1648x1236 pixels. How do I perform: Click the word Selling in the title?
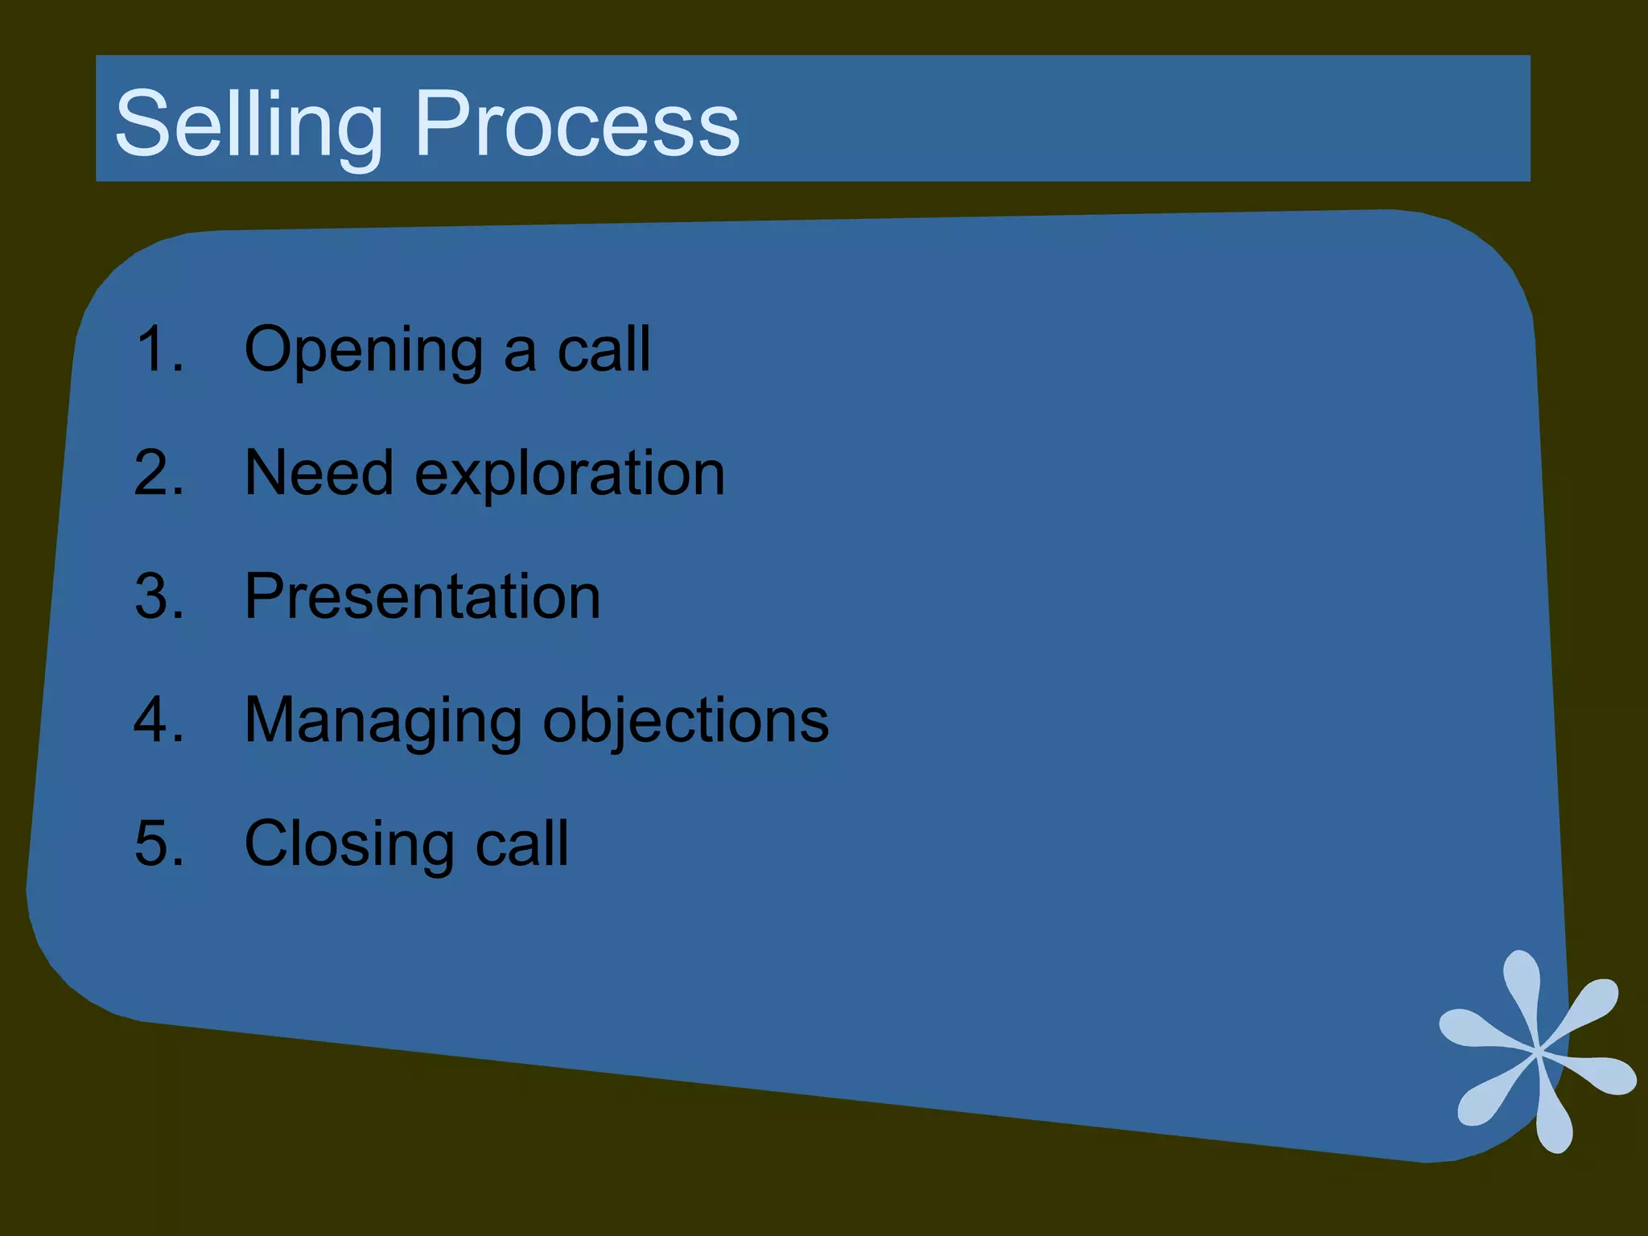pos(249,125)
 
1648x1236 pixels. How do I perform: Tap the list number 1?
pos(159,349)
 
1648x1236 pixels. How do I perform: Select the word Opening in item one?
pos(363,351)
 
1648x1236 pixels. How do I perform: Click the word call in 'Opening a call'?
pos(604,349)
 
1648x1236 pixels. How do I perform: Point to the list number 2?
pos(159,472)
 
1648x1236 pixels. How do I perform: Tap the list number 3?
pos(159,596)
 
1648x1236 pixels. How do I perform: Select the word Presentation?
pos(422,596)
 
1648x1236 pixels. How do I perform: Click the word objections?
pos(686,721)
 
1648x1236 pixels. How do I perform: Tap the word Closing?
pos(349,845)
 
